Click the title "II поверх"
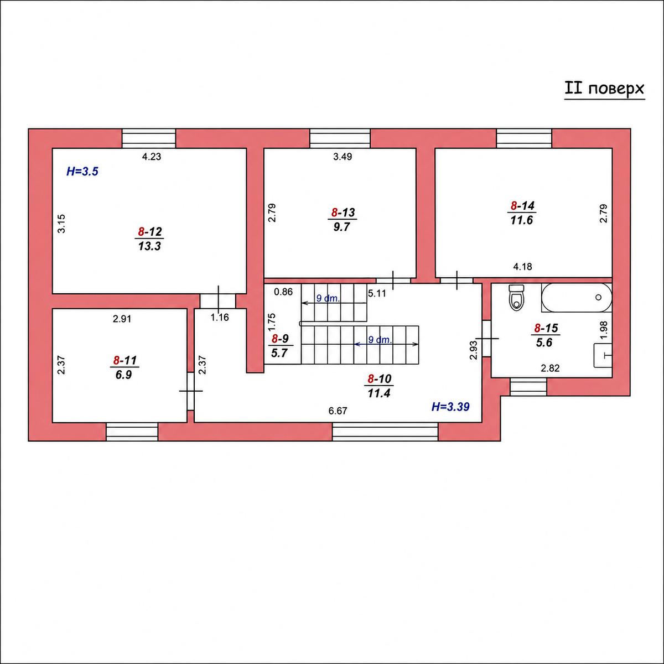604,89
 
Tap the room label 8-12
149,231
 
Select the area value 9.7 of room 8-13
341,227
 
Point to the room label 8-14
522,206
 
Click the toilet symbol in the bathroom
516,297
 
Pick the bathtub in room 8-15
577,297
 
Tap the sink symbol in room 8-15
603,355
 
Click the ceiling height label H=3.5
82,171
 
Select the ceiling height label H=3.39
450,407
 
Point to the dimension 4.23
152,157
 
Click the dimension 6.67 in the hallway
338,411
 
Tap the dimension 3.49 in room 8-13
343,157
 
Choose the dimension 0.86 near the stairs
283,292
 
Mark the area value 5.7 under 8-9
279,353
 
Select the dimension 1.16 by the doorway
220,317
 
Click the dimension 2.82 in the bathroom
550,369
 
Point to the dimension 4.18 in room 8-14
523,267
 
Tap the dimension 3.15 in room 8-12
61,224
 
